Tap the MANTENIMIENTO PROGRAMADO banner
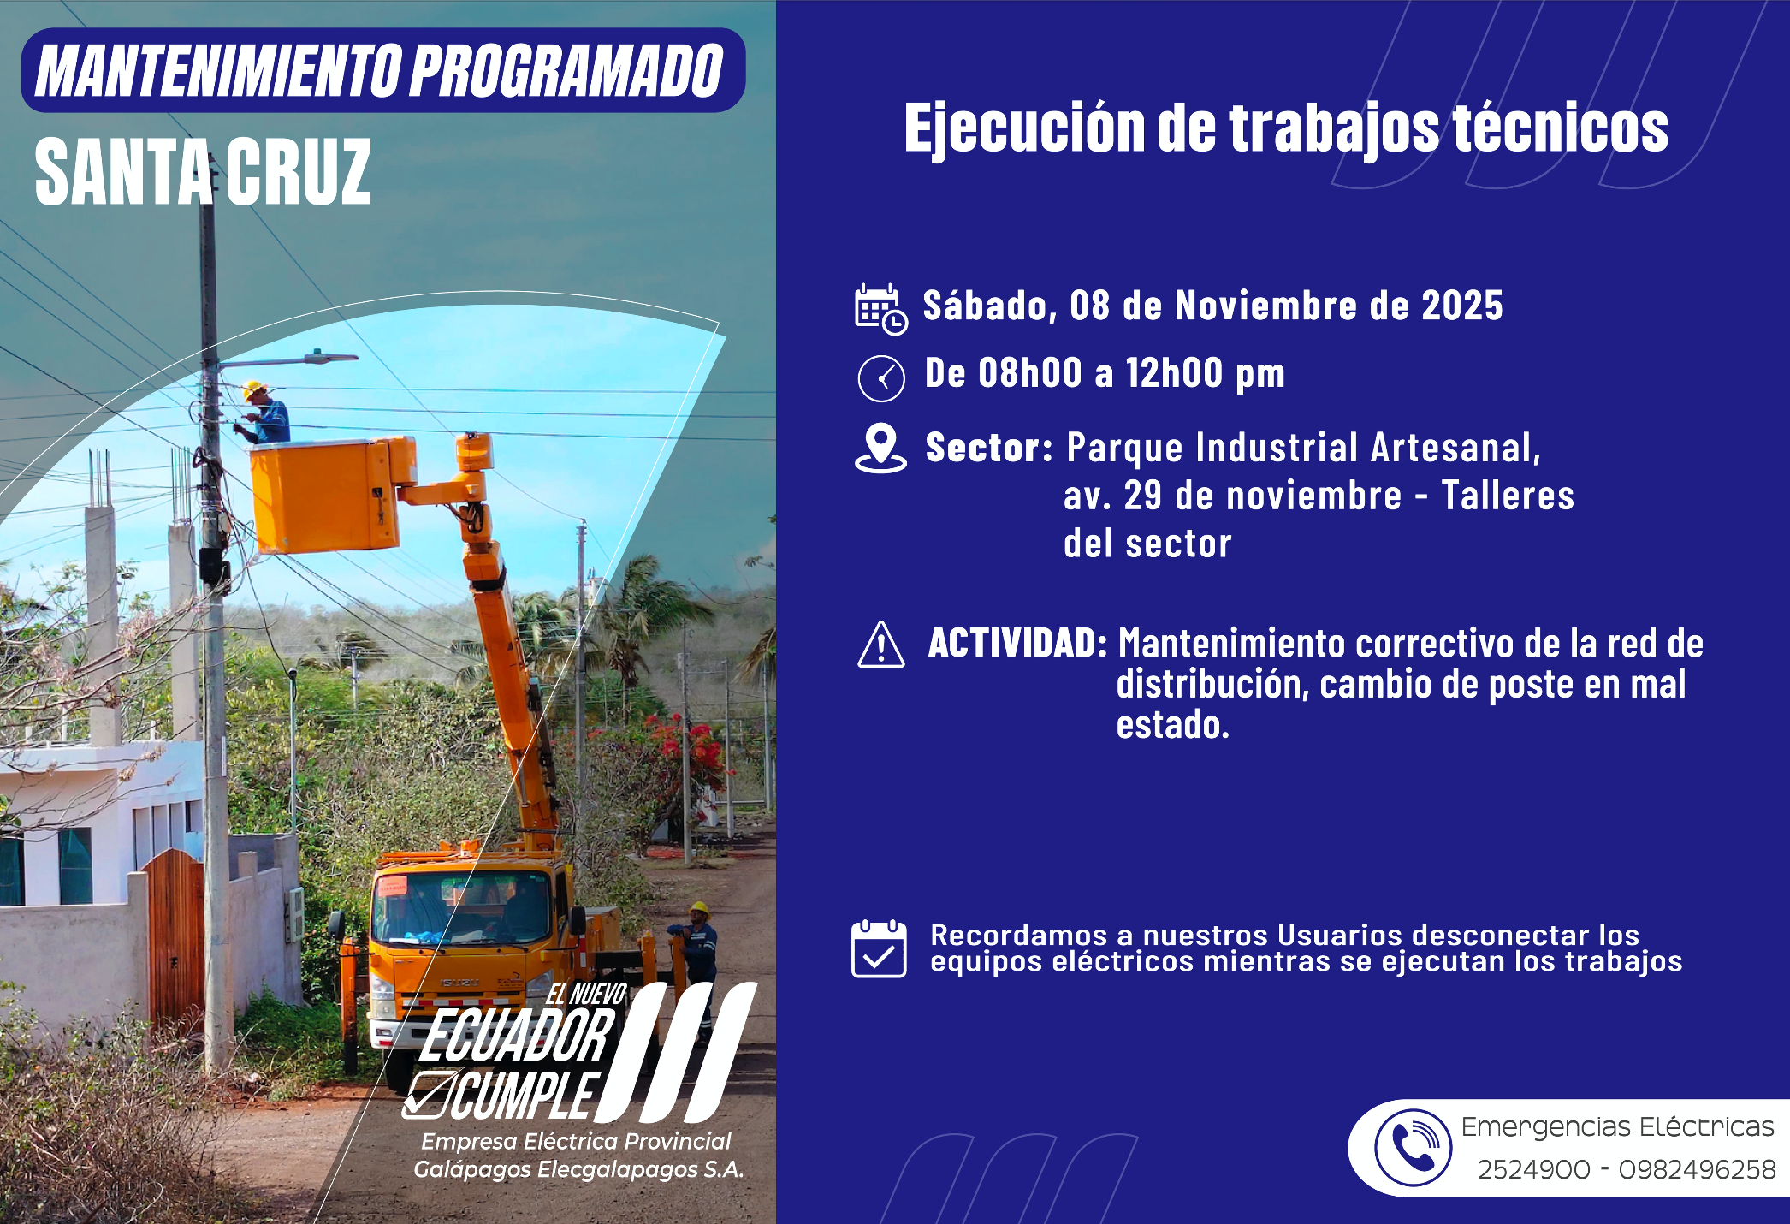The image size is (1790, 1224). pyautogui.click(x=382, y=70)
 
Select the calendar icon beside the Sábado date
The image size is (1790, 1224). pyautogui.click(x=880, y=308)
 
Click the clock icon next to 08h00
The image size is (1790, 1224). pyautogui.click(x=881, y=377)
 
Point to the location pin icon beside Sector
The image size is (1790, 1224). pyautogui.click(x=880, y=448)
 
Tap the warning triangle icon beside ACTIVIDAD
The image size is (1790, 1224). pyautogui.click(x=881, y=645)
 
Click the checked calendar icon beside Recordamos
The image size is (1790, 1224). pyautogui.click(x=879, y=948)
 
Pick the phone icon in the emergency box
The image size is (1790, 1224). pyautogui.click(x=1414, y=1147)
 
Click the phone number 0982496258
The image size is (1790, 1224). pyautogui.click(x=1697, y=1169)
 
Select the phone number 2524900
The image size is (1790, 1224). pyautogui.click(x=1533, y=1169)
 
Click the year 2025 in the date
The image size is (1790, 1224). pyautogui.click(x=1462, y=306)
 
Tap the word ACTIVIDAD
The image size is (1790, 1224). pyautogui.click(x=1017, y=643)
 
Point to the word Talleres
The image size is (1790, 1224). pyautogui.click(x=1508, y=496)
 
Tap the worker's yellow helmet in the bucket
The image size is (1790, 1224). pyautogui.click(x=253, y=389)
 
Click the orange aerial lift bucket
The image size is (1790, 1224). pyautogui.click(x=325, y=495)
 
